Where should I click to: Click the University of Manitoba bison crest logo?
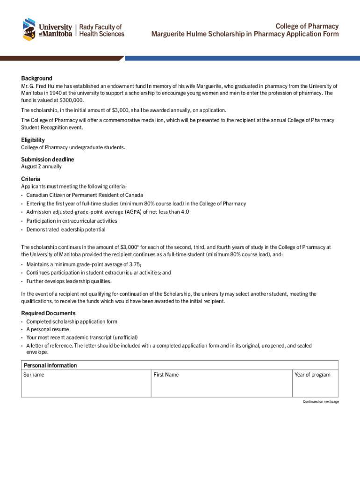pyautogui.click(x=29, y=29)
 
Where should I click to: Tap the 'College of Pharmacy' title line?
pyautogui.click(x=307, y=26)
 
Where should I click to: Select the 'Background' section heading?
pyautogui.click(x=36, y=78)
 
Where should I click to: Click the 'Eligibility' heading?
pyautogui.click(x=33, y=140)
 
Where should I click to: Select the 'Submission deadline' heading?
pyautogui.click(x=47, y=160)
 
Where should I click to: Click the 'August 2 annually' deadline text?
pyautogui.click(x=41, y=167)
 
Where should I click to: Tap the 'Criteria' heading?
pyautogui.click(x=30, y=179)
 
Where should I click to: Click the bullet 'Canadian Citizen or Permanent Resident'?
pyautogui.click(x=85, y=195)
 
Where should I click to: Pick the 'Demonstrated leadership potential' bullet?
pyautogui.click(x=65, y=230)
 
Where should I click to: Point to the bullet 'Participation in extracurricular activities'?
pyautogui.click(x=72, y=221)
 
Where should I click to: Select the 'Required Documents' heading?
pyautogui.click(x=48, y=313)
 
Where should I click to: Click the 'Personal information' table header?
pyautogui.click(x=50, y=365)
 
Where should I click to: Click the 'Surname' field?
pyautogui.click(x=86, y=386)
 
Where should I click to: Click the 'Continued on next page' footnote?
pyautogui.click(x=320, y=402)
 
